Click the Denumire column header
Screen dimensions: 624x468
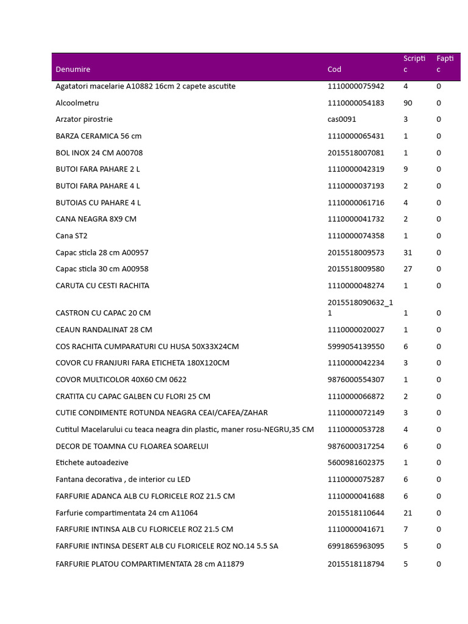(73, 69)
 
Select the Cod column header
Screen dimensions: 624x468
(335, 69)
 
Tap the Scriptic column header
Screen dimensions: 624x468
(414, 64)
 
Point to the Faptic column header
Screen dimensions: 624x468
(445, 64)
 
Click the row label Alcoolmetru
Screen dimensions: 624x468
(77, 103)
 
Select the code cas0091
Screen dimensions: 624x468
(342, 119)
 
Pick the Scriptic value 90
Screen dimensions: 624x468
(408, 103)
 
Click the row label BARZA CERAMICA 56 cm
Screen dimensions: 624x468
(98, 136)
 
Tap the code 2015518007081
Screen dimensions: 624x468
(356, 153)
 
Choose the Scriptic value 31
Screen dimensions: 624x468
(408, 252)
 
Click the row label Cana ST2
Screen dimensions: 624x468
(71, 236)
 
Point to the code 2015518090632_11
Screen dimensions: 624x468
(360, 307)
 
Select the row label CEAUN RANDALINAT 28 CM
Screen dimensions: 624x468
(104, 330)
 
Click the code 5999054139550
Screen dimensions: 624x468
(356, 347)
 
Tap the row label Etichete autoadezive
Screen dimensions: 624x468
(92, 463)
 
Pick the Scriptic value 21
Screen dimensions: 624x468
(408, 513)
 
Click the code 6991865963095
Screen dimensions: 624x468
(356, 546)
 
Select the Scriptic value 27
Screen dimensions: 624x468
(408, 269)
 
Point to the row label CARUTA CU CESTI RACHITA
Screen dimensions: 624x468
(102, 286)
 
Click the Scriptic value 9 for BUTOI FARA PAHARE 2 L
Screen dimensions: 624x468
(406, 169)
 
